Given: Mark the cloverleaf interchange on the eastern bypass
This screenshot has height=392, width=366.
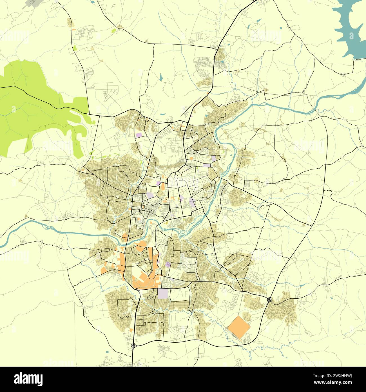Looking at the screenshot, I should click(x=269, y=300).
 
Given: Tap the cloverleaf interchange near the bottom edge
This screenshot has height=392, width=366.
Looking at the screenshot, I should click(x=134, y=346).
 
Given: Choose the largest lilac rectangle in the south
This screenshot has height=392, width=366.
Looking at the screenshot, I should click(x=163, y=293).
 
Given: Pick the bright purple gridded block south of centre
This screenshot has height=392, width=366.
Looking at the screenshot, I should click(x=168, y=264).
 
